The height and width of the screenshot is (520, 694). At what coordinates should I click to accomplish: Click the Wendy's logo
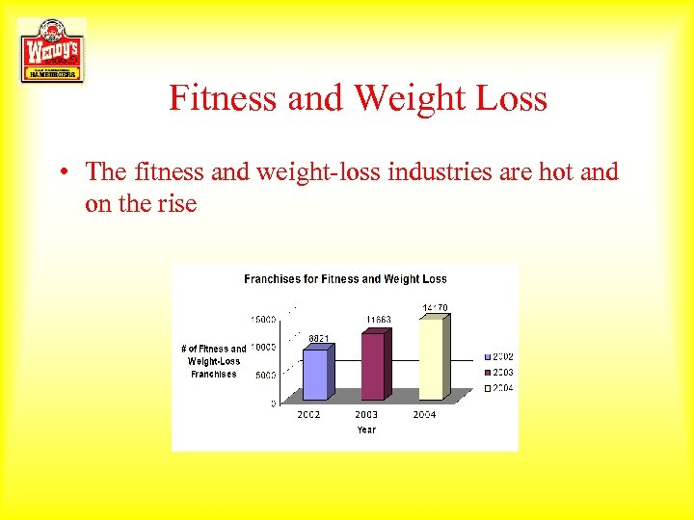click(51, 50)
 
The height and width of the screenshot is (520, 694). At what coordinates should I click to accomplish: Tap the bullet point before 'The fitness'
click(61, 172)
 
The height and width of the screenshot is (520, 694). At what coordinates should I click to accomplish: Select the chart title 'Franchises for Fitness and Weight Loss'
click(345, 279)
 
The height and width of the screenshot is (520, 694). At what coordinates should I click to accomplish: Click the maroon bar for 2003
click(373, 365)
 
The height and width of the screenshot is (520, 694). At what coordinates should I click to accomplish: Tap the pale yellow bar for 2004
click(431, 357)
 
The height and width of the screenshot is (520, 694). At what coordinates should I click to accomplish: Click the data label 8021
click(320, 338)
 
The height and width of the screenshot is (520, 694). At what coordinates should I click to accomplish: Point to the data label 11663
click(379, 320)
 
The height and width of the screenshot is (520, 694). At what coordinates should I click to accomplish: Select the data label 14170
click(436, 307)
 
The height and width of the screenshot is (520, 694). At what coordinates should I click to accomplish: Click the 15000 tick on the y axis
click(263, 319)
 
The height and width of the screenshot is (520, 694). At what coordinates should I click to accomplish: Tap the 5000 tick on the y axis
click(265, 375)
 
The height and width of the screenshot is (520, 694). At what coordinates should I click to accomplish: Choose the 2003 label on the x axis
click(366, 415)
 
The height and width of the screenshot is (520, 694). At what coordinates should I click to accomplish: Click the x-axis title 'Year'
click(366, 429)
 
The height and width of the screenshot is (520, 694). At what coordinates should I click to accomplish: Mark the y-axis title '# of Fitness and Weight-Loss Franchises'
click(213, 361)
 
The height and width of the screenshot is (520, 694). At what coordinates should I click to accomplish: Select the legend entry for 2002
click(499, 356)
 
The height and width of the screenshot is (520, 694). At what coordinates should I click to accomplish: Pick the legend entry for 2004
click(499, 387)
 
